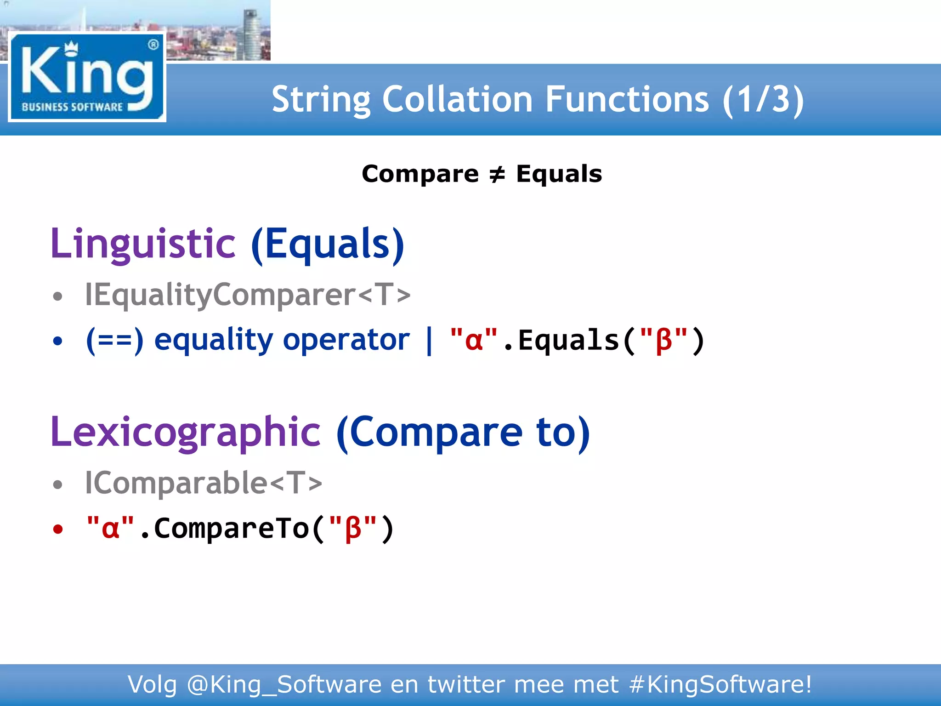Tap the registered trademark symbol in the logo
[x=153, y=45]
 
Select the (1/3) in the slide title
[x=763, y=99]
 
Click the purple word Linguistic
[x=143, y=244]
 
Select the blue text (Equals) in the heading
[x=328, y=244]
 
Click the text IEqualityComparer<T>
[x=248, y=294]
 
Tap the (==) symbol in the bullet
[x=115, y=340]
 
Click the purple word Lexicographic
[x=186, y=432]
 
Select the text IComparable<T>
[x=204, y=483]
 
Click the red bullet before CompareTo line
[x=57, y=529]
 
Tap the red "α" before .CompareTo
[x=110, y=528]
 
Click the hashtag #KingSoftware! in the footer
[x=720, y=685]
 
